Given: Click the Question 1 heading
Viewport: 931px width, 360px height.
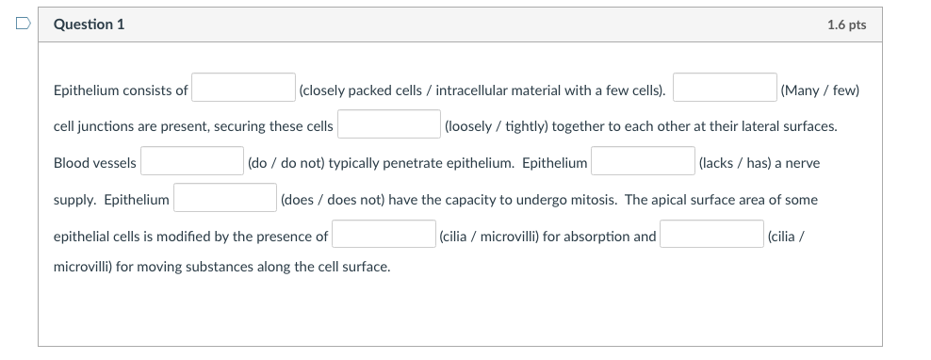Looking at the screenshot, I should tap(90, 25).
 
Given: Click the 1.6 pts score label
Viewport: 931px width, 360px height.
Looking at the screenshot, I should tap(846, 25).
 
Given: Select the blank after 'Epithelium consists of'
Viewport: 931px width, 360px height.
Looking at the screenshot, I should tap(244, 89).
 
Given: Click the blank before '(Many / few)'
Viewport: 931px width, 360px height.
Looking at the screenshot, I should tap(725, 89).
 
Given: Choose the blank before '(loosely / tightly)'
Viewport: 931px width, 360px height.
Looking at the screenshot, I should tap(389, 125).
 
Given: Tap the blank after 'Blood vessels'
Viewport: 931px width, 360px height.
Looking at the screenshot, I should tap(192, 162).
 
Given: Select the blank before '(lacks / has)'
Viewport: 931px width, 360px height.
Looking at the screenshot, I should tap(644, 162).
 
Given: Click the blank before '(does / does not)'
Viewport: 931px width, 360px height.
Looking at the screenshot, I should tap(224, 199).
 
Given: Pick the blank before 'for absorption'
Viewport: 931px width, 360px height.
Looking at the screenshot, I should tap(384, 236).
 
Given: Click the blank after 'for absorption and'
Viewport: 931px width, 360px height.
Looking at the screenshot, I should tap(711, 236).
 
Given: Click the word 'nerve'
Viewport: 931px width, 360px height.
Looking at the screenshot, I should tap(802, 163).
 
